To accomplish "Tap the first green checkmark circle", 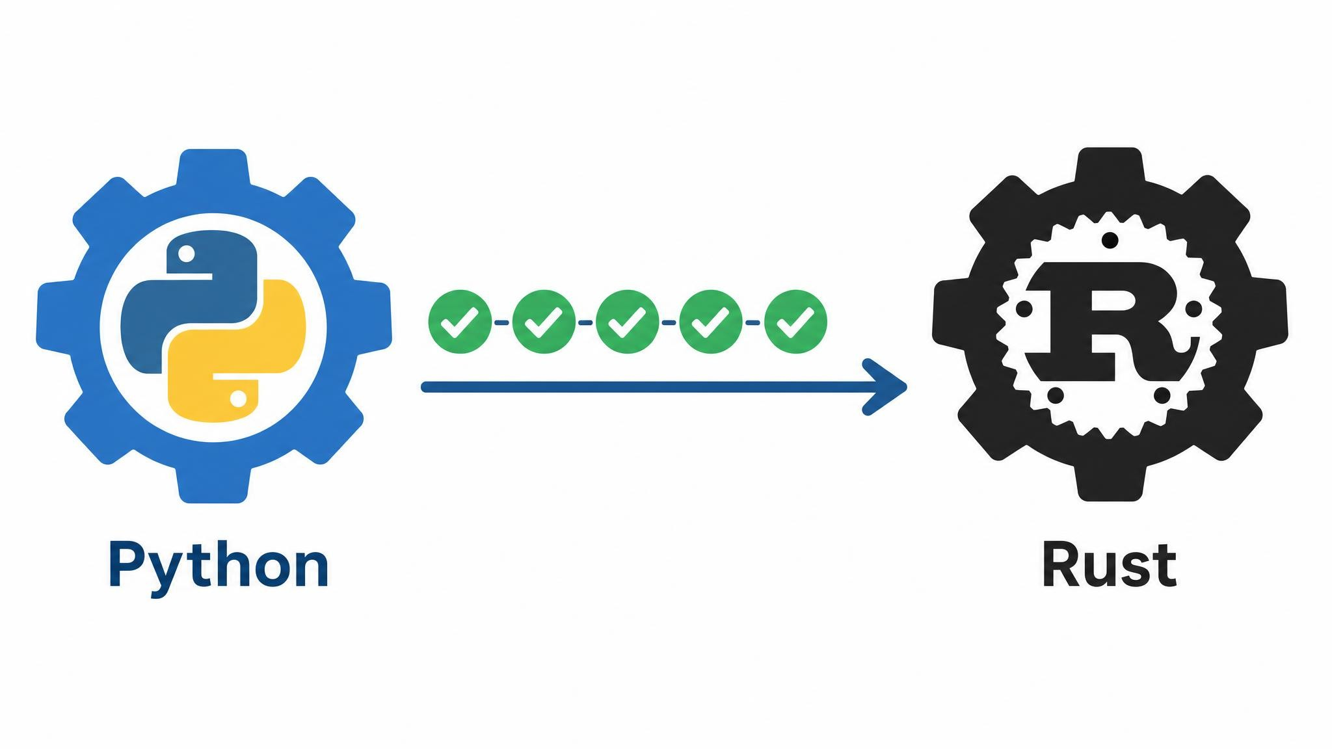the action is point(460,322).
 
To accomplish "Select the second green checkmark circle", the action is point(544,322).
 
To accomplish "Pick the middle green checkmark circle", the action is point(627,322).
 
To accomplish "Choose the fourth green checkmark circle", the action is point(710,322).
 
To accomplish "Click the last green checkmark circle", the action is point(795,322).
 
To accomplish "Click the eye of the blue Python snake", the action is point(186,253).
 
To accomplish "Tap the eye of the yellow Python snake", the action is point(239,397).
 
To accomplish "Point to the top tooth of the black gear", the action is point(1110,168).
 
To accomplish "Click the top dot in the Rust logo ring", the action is point(1110,241).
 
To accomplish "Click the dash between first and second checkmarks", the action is point(502,322).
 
